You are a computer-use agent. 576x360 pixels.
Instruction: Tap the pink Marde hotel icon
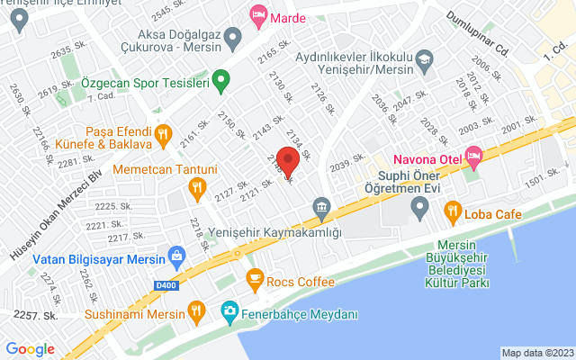click(x=258, y=15)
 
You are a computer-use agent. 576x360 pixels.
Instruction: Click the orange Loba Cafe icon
click(x=453, y=213)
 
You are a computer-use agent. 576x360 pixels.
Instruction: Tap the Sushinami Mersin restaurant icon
click(x=195, y=313)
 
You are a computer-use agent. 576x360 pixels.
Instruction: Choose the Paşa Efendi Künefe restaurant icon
click(x=163, y=136)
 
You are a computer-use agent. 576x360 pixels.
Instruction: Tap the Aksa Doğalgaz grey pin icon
click(x=234, y=39)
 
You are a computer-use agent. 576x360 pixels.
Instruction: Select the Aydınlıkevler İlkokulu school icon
click(x=423, y=60)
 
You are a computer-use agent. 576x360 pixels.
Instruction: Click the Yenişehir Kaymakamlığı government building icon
click(x=321, y=211)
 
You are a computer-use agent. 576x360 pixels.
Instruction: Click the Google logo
click(x=31, y=349)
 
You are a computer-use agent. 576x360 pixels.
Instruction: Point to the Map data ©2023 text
click(x=536, y=353)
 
